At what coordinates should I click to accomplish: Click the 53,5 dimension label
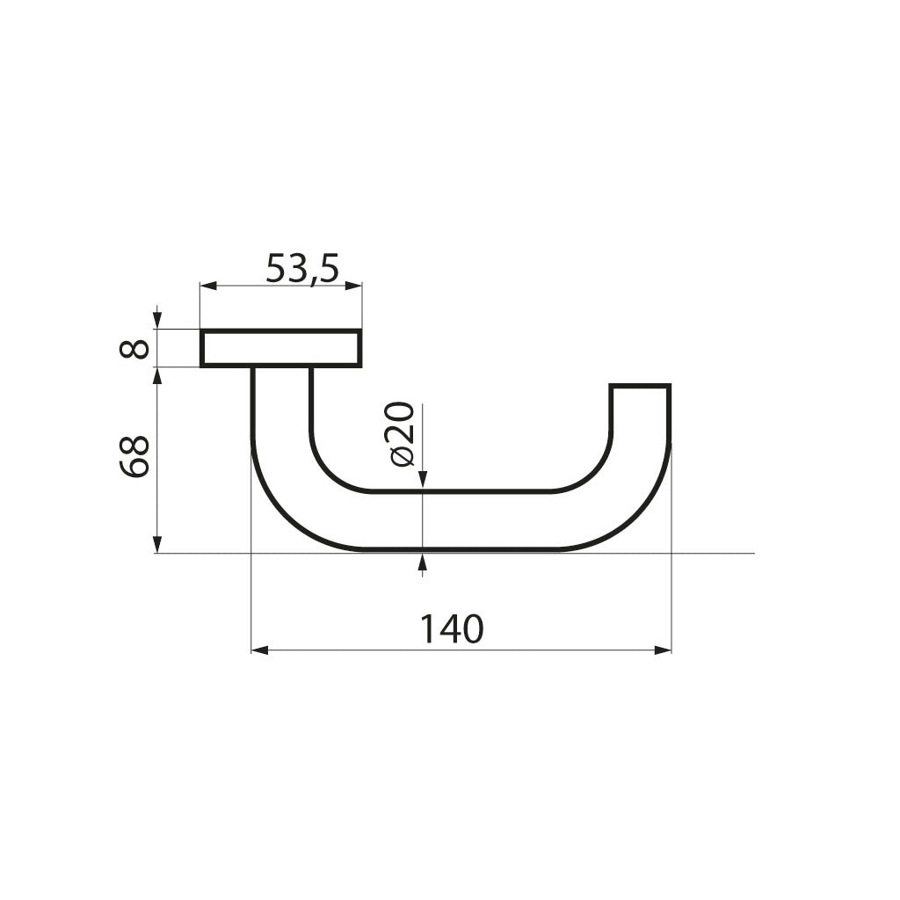[x=301, y=268]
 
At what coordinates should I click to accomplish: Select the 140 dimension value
[x=451, y=628]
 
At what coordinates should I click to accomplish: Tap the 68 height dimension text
[x=134, y=456]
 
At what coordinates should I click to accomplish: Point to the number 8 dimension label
[x=134, y=349]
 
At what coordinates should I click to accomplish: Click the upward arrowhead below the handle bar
[x=423, y=562]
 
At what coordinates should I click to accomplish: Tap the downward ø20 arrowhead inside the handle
[x=423, y=478]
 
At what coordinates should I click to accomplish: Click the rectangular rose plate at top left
[x=280, y=348]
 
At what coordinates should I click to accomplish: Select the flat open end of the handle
[x=640, y=386]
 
